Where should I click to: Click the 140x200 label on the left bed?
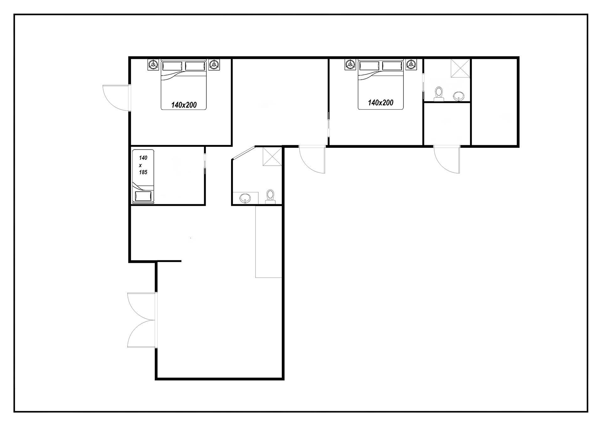[x=184, y=105]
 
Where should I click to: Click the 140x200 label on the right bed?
[x=381, y=103]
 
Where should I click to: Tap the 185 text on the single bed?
[x=143, y=172]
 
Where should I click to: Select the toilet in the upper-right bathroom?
[x=439, y=94]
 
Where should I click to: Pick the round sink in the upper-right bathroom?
[x=459, y=96]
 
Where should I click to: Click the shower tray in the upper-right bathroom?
[x=461, y=67]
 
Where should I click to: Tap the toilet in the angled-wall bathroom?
[x=270, y=197]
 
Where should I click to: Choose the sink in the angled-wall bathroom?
[x=245, y=198]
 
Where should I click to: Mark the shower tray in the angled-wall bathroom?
[x=272, y=156]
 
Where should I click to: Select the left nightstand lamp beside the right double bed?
[x=350, y=64]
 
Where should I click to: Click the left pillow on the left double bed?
[x=172, y=66]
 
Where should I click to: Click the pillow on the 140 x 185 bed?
[x=143, y=196]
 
